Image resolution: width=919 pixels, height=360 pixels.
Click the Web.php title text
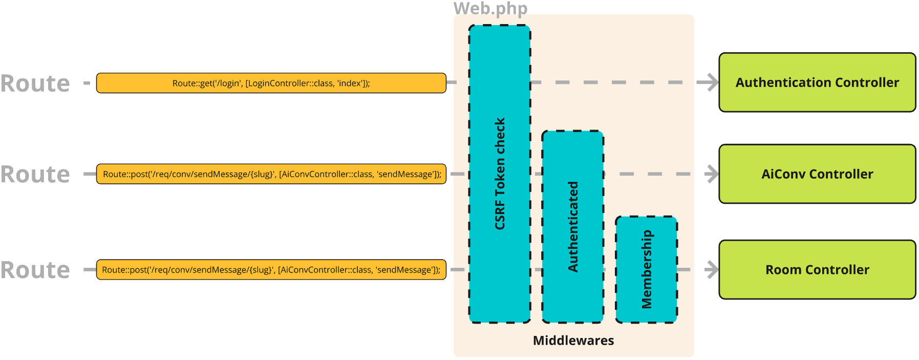pos(490,8)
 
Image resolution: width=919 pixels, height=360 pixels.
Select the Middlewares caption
pos(573,341)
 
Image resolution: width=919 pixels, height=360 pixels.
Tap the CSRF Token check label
pos(500,174)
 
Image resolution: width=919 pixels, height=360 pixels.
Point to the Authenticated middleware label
pos(573,226)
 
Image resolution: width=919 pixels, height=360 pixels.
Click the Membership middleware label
pos(647,269)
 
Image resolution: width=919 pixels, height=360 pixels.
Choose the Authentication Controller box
pos(817,82)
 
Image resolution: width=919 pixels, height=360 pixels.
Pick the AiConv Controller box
pos(817,174)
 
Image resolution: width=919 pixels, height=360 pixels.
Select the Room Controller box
pos(817,270)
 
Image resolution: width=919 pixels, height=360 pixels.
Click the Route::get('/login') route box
pos(271,83)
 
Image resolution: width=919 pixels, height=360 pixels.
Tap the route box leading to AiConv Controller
pos(271,174)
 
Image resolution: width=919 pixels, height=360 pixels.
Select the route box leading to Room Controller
pos(271,270)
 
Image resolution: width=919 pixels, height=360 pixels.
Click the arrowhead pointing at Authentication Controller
pos(711,82)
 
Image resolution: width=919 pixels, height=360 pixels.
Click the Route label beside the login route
pos(35,83)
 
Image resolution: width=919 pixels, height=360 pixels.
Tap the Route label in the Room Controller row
pos(35,270)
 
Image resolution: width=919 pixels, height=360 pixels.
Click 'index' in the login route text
pos(350,83)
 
